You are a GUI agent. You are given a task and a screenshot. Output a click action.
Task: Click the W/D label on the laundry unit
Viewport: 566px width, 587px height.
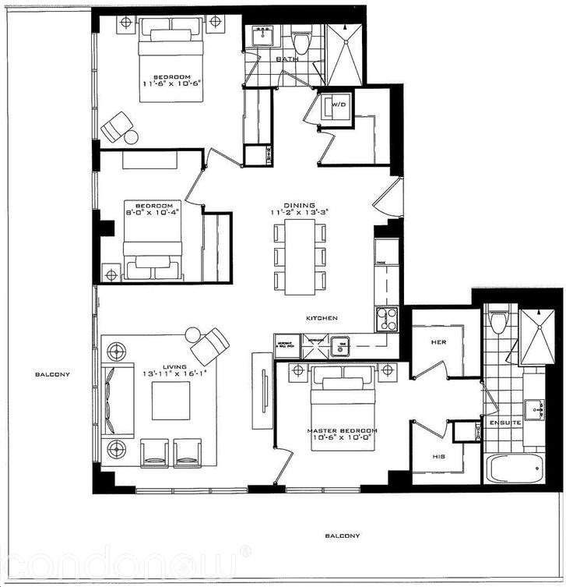pos(339,104)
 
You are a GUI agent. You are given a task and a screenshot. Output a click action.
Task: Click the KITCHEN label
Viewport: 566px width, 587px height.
pos(322,319)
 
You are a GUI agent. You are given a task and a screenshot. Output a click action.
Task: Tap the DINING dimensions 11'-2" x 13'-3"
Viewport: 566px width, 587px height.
pos(300,211)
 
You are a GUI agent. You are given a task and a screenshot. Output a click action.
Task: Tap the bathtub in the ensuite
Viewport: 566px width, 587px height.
pos(516,470)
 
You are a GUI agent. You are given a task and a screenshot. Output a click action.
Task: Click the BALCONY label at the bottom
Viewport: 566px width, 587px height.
pos(343,536)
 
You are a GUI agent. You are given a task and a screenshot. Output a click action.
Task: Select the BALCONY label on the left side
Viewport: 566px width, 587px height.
pos(53,374)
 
